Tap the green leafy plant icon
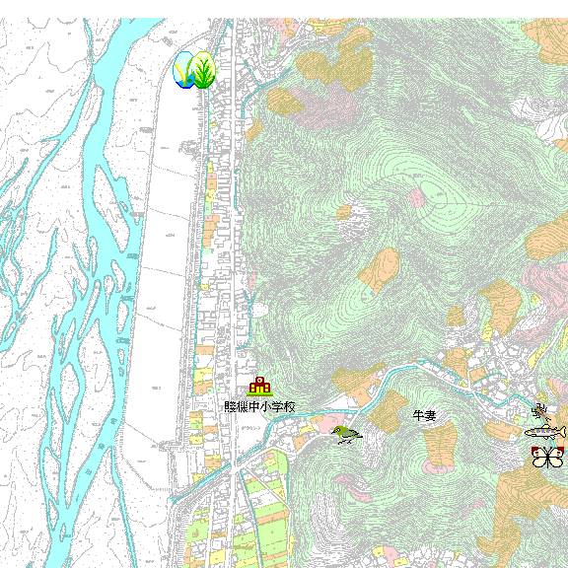coord(204,71)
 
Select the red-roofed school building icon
coord(259,387)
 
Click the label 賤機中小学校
coord(259,406)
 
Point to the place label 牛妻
coord(424,416)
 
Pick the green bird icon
coord(345,434)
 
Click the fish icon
coord(545,432)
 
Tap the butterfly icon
coord(545,457)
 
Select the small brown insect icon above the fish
coord(539,410)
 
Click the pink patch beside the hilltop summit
coord(418,198)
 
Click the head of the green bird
coord(338,430)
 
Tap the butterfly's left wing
coord(538,457)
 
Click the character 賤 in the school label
coord(230,406)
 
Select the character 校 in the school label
coord(289,406)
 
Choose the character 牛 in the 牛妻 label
coord(418,416)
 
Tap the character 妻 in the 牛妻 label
coord(430,416)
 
